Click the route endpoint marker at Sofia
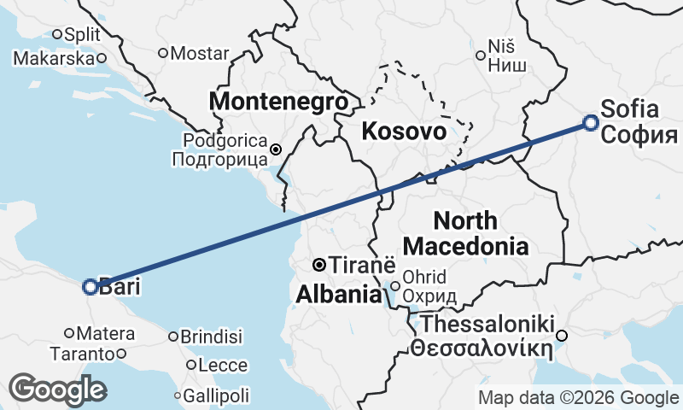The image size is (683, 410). (591, 122)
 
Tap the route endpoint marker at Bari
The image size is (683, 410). (90, 287)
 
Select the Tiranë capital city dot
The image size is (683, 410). (318, 264)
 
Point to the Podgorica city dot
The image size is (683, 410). (276, 149)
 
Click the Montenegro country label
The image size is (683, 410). (279, 102)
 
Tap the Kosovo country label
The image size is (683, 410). (403, 132)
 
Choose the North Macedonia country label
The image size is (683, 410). (465, 233)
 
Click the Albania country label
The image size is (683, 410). (338, 295)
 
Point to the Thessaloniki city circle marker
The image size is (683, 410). (562, 336)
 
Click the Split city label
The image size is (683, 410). (82, 34)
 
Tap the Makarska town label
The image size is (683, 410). (53, 58)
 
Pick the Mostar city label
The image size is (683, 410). (200, 52)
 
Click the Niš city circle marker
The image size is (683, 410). (481, 56)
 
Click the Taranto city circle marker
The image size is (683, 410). (121, 354)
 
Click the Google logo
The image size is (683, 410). (57, 389)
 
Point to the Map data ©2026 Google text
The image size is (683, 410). (578, 397)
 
